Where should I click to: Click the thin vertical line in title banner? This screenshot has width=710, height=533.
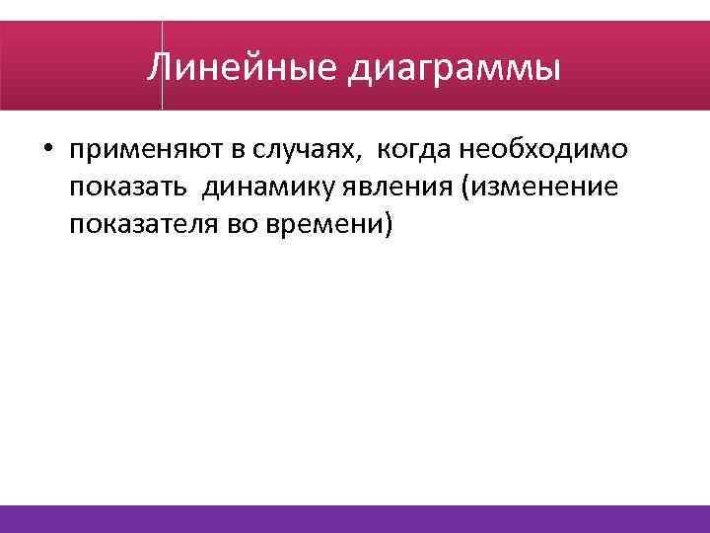point(162,64)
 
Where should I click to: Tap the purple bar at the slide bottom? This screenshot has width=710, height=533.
point(355,518)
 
